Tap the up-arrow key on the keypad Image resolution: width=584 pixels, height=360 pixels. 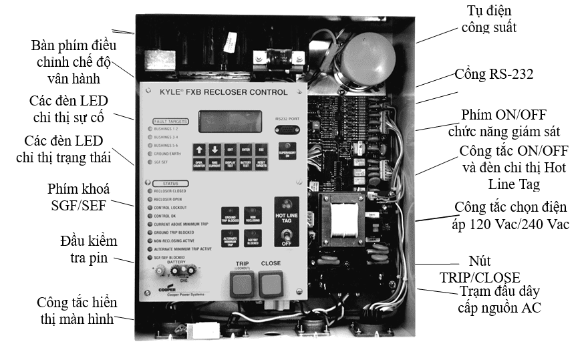(x=200, y=150)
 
